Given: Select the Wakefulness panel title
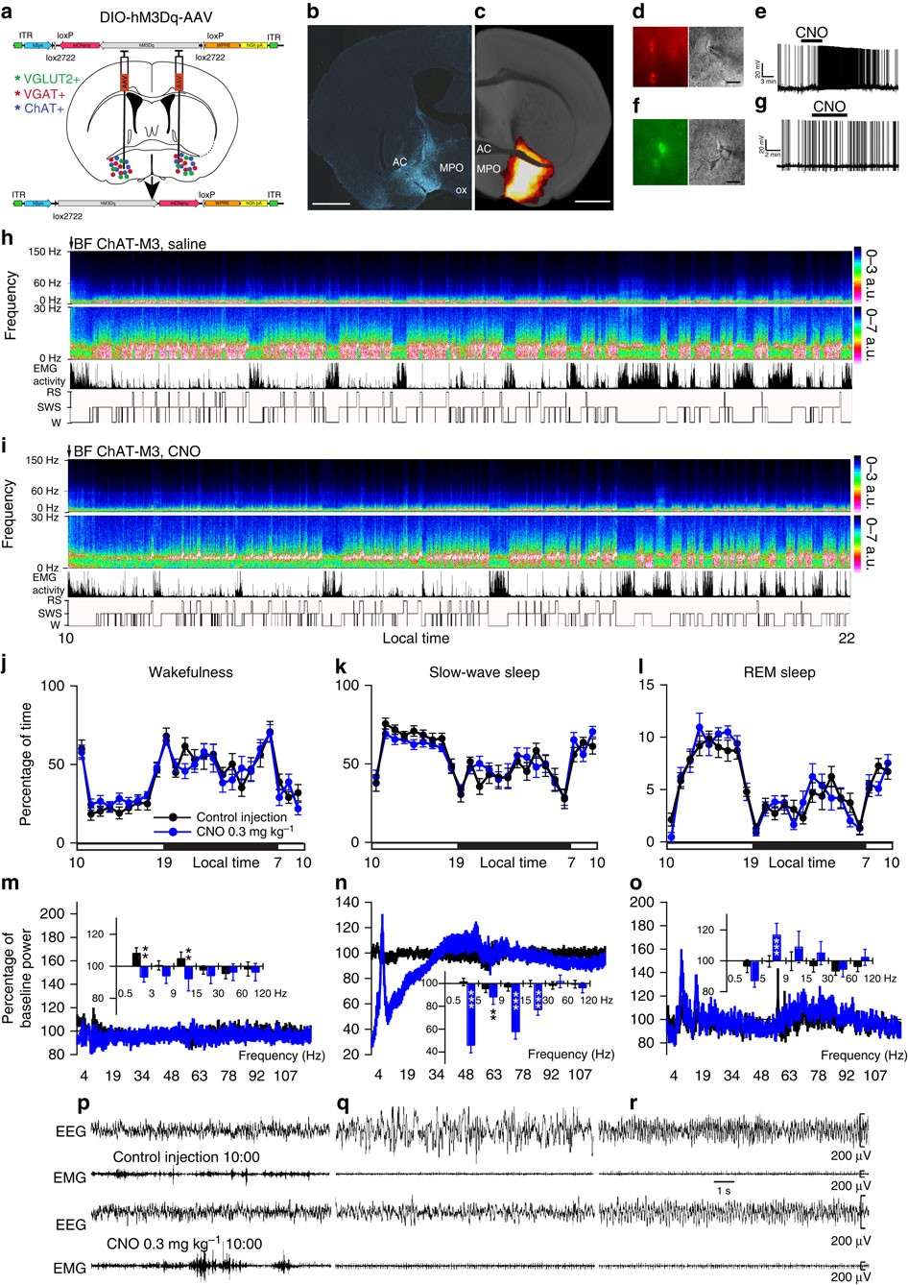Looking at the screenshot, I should (190, 672).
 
